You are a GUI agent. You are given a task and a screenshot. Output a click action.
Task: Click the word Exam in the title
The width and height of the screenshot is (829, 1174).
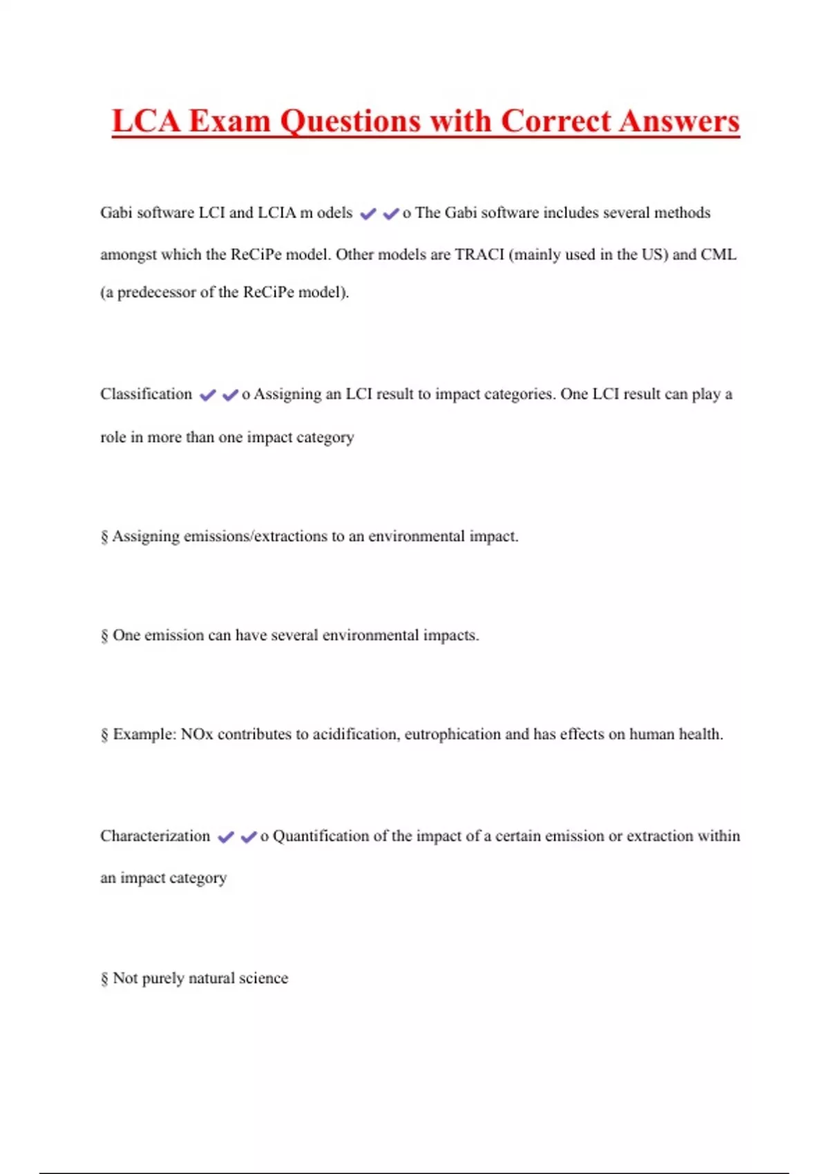pos(229,121)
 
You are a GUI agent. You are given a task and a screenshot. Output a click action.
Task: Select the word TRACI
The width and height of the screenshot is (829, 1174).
pos(479,254)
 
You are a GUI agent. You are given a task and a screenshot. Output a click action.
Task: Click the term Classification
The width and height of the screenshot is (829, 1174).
pos(146,394)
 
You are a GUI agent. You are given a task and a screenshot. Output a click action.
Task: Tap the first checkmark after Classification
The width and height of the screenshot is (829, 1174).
pos(207,395)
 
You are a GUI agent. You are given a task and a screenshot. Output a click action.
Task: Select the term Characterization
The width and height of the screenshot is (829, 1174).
pos(155,836)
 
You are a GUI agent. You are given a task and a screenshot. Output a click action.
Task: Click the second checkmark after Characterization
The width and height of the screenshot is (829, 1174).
pos(249,837)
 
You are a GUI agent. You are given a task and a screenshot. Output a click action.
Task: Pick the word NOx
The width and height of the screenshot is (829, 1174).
pos(197,734)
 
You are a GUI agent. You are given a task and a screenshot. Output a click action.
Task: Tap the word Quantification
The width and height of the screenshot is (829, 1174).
pos(321,836)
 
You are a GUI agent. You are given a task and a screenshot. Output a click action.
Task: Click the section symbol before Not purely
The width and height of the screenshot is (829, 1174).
pos(104,979)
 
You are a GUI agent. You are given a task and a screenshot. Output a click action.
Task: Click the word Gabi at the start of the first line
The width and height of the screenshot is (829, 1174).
pos(116,213)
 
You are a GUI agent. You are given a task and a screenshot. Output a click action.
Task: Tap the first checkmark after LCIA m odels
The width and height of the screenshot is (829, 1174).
pos(368,214)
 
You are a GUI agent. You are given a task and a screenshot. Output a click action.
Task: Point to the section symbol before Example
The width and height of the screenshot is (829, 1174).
pos(104,735)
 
